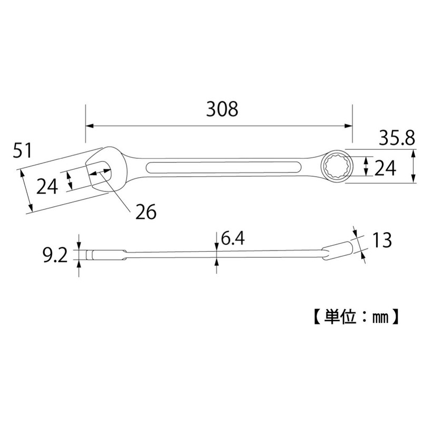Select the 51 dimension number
pos(23,151)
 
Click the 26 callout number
pos(146,212)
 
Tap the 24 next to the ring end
pos(386,168)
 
